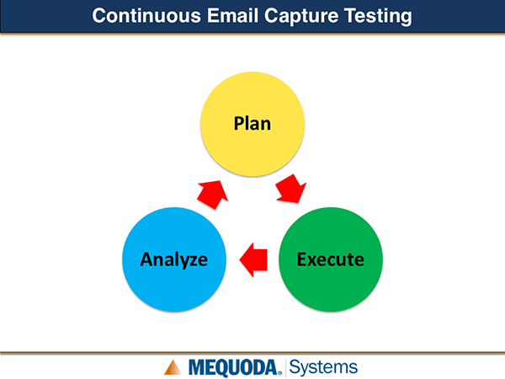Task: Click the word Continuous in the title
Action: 146,15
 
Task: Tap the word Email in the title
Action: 232,15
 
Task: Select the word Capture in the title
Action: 301,17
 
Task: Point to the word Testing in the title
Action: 378,17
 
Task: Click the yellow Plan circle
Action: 252,124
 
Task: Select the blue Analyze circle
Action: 174,259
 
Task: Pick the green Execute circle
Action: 331,259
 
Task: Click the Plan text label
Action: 252,124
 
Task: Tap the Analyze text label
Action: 174,259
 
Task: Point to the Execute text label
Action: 331,259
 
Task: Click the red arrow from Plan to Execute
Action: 290,189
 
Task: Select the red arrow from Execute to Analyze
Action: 254,259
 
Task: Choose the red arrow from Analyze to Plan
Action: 213,195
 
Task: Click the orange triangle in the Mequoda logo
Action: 173,368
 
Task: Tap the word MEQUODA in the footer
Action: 233,368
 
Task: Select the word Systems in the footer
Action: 323,367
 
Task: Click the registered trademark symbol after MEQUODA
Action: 279,373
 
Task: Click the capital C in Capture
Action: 271,15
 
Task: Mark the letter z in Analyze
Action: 194,261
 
